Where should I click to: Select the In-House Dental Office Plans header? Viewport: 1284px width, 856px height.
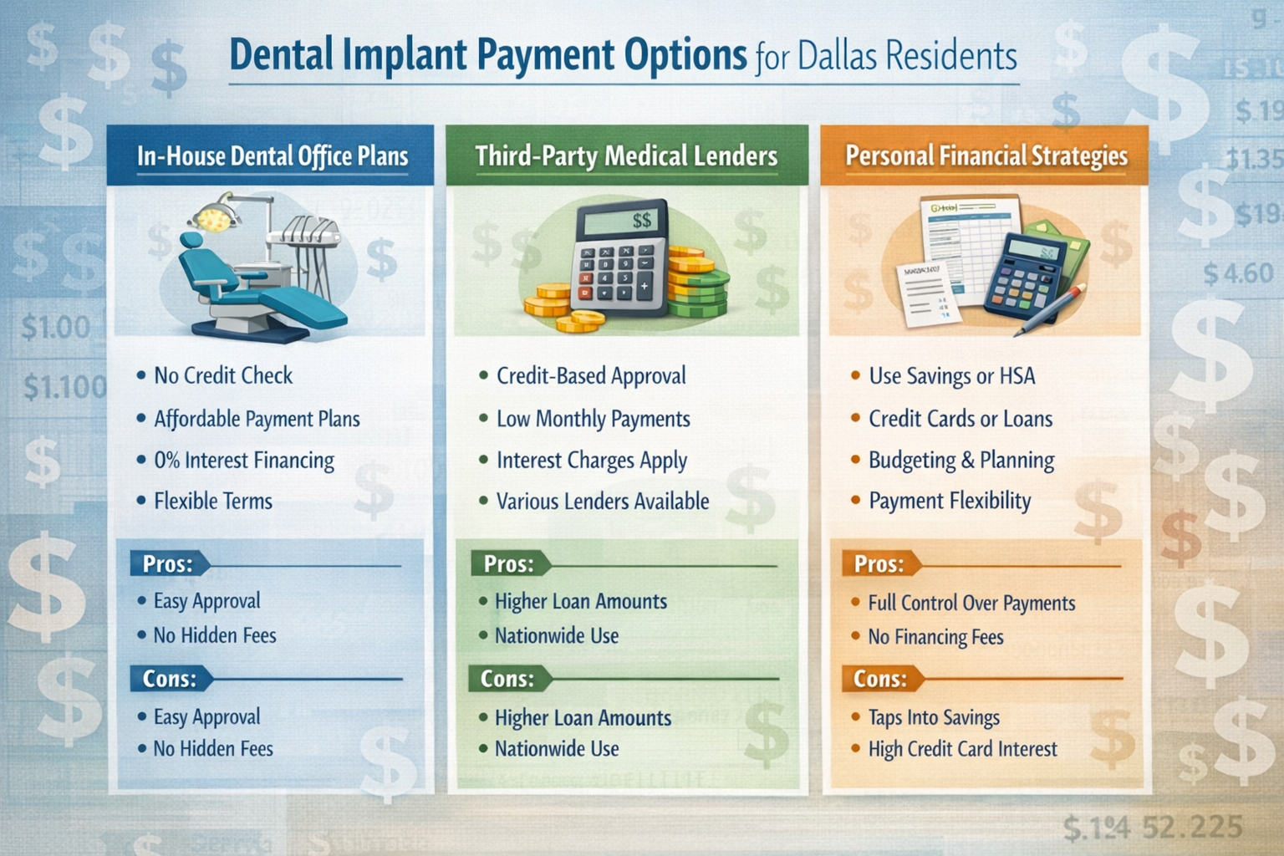click(273, 156)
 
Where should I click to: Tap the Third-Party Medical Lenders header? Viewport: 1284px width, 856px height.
click(626, 156)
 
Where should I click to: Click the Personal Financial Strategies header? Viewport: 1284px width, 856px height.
click(986, 156)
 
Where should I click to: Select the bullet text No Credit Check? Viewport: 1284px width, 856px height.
click(223, 375)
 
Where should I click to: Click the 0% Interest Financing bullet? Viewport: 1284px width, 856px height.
click(244, 461)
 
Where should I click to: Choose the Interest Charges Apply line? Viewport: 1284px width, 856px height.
click(592, 461)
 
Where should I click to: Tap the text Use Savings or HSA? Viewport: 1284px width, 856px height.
click(951, 376)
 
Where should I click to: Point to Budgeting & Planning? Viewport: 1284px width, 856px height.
click(961, 461)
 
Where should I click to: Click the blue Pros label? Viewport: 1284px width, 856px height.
click(167, 564)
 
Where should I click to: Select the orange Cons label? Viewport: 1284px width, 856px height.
click(879, 679)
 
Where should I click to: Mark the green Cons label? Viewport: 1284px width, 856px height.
click(507, 679)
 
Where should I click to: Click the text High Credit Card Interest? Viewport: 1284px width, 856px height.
click(962, 749)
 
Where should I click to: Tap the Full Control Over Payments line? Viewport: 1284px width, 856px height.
click(971, 603)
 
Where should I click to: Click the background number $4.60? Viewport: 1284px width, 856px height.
click(1238, 273)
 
